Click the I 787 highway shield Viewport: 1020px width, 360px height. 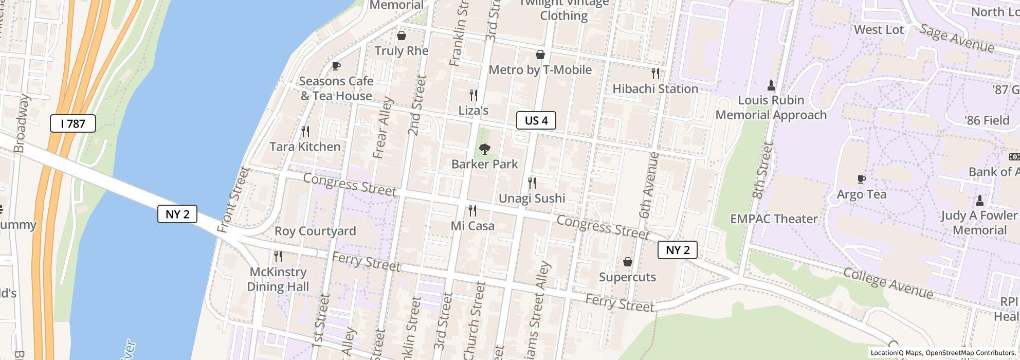[x=73, y=123]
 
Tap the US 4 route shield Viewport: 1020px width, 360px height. [x=536, y=120]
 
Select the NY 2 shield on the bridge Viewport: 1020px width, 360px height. [x=177, y=214]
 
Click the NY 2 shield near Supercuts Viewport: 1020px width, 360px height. [x=678, y=250]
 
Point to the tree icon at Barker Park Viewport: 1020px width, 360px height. [x=484, y=149]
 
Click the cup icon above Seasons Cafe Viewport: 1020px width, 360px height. [x=336, y=66]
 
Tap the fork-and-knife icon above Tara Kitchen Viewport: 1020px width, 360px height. [x=305, y=132]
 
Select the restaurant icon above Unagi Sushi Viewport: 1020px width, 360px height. [x=532, y=183]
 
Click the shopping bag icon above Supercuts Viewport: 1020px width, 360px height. [x=627, y=262]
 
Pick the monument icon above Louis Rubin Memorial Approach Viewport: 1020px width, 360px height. [x=771, y=85]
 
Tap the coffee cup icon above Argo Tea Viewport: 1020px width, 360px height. [x=862, y=179]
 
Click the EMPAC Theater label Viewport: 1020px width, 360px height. [x=774, y=219]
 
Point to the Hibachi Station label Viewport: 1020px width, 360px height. [x=655, y=89]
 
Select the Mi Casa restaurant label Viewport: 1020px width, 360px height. [x=472, y=226]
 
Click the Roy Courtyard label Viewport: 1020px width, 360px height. [x=315, y=231]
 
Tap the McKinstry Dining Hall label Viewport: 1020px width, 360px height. [x=278, y=279]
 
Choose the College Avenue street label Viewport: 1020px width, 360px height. [x=888, y=283]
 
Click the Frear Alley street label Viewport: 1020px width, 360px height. [x=383, y=128]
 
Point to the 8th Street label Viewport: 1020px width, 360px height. [x=762, y=171]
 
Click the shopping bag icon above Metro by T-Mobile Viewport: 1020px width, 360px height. [x=540, y=55]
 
